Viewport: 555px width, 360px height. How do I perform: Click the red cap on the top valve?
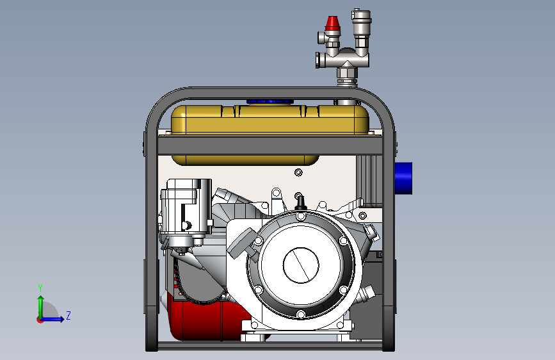[332, 24]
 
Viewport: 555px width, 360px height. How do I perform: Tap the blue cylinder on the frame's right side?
[403, 178]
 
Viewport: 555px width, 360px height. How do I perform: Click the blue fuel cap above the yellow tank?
[270, 102]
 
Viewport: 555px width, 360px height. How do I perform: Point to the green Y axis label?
[40, 288]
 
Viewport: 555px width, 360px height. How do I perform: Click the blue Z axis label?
[68, 315]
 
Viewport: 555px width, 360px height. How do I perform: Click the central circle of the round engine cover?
[301, 265]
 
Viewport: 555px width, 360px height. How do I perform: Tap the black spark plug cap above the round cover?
[300, 203]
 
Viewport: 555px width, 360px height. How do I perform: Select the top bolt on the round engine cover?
[300, 216]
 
